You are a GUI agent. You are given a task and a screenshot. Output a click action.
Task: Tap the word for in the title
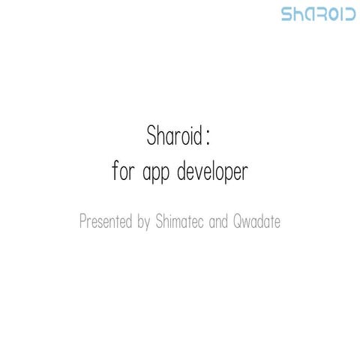coord(122,172)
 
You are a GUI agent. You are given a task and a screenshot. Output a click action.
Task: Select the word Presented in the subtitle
coord(106,223)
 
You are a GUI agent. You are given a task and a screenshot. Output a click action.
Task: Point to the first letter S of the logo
coord(286,14)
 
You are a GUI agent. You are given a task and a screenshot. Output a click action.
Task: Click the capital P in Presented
coord(82,222)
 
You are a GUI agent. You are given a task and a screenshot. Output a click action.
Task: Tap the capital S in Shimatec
coord(160,222)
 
